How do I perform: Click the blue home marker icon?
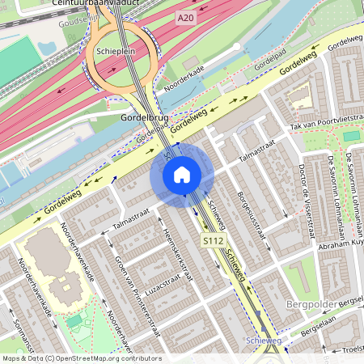coord(182,174)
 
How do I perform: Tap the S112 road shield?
coord(213,241)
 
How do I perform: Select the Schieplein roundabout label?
coord(114,50)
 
